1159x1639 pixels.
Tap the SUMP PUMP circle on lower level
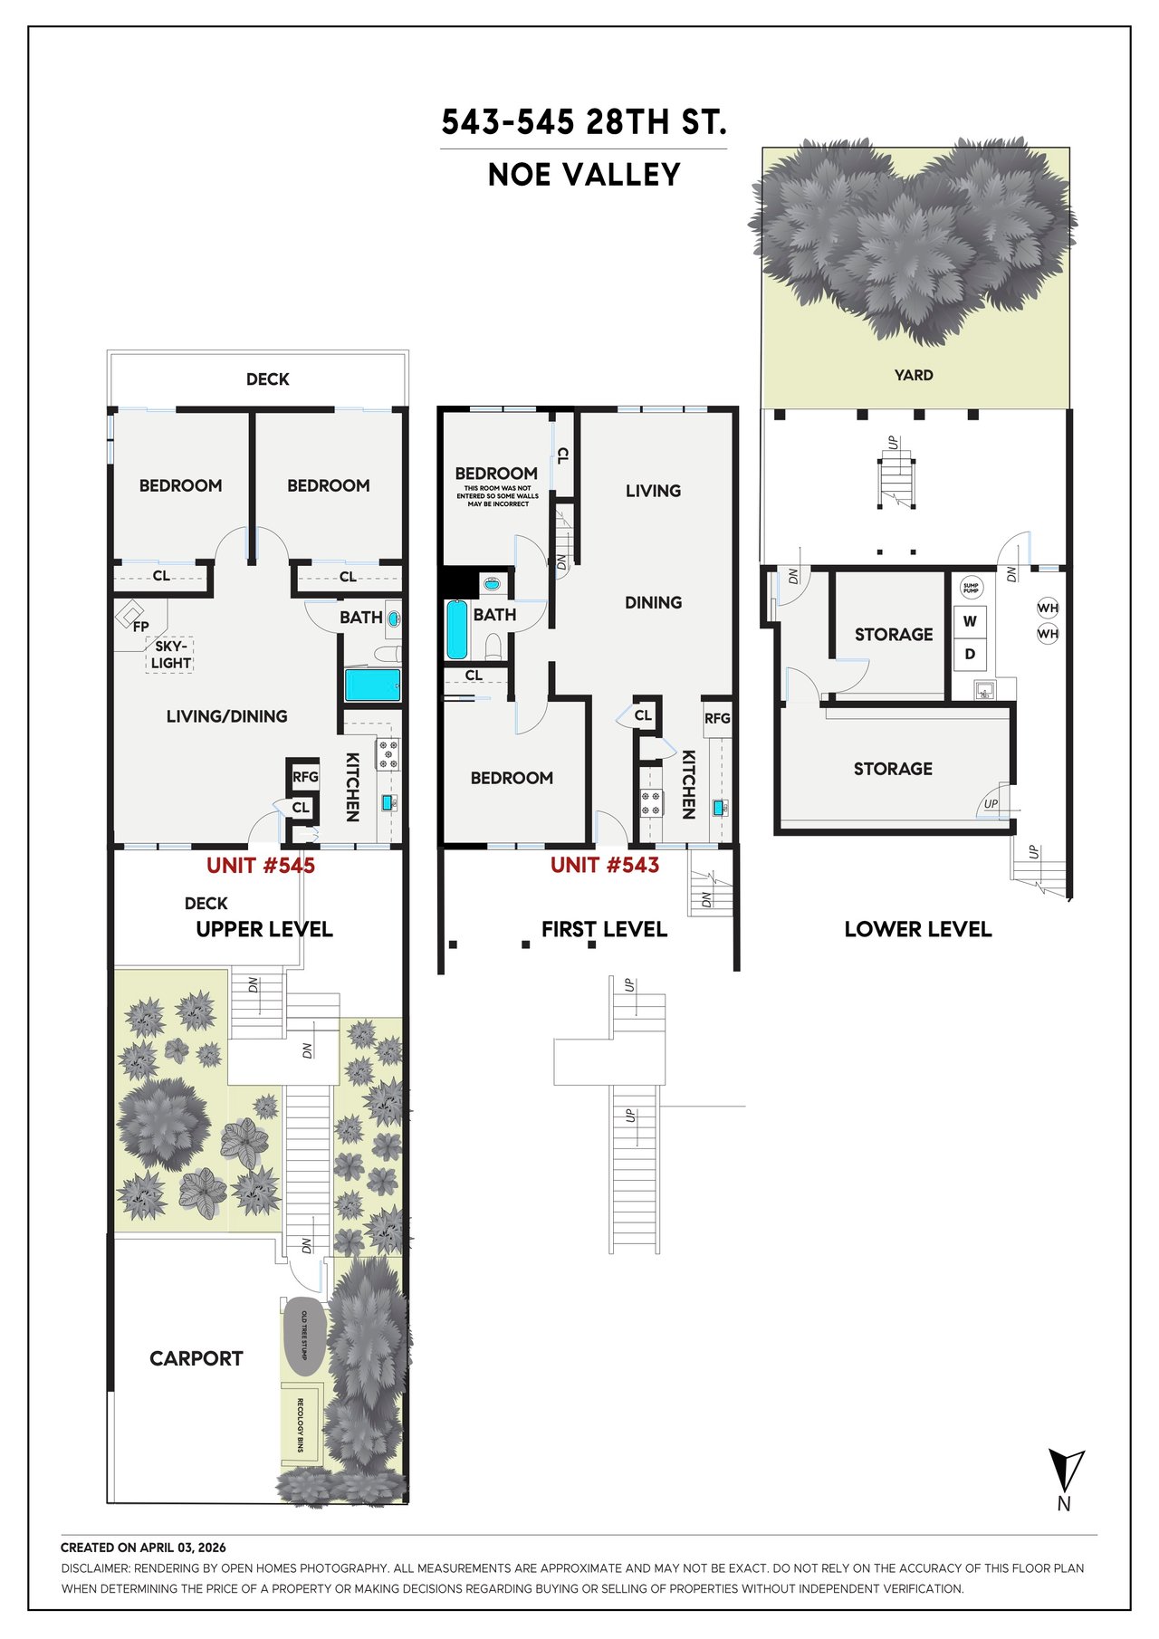[971, 587]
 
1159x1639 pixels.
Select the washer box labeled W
[970, 621]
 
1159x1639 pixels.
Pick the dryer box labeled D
[970, 654]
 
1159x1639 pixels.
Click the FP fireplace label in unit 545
[140, 626]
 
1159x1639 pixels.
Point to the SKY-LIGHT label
[171, 655]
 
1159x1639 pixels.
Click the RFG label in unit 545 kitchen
[305, 776]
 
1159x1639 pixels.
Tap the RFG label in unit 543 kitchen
[717, 718]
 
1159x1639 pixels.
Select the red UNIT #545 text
[261, 866]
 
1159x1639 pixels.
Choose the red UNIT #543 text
[605, 865]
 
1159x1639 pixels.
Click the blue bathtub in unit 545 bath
[372, 685]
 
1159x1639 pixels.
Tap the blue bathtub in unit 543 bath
[457, 630]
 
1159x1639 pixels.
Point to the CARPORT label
[196, 1358]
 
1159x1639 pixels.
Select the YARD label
[914, 375]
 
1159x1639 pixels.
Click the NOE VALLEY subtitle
[584, 175]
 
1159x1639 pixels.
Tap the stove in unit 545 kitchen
[388, 754]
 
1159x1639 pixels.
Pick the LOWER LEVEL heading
[918, 929]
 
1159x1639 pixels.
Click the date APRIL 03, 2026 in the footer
[183, 1548]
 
